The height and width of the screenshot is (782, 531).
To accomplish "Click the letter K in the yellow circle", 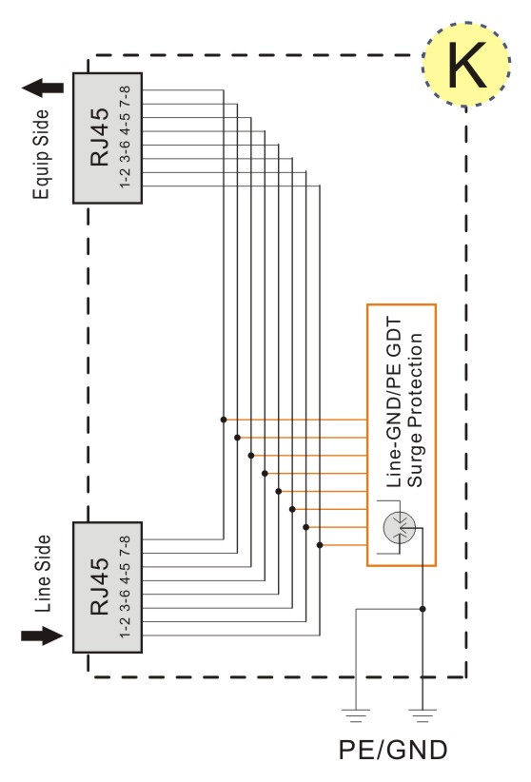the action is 466,65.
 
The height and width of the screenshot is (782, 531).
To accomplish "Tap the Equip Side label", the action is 42,155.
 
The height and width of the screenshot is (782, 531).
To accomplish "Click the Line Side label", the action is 43,574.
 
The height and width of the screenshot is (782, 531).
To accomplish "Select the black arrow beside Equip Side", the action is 43,88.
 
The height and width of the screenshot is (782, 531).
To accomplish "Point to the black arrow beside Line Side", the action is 43,635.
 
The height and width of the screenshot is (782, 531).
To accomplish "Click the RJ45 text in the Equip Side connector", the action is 99,137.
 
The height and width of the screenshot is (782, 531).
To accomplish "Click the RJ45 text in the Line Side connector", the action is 99,586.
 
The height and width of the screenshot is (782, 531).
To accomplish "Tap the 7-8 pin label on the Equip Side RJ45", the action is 125,96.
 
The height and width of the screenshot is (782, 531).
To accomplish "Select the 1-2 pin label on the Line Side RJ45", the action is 125,627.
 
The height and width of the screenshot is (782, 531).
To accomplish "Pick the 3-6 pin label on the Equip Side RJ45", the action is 125,150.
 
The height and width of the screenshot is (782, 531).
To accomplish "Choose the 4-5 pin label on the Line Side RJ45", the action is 125,572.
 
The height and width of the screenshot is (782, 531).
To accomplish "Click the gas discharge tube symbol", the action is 400,528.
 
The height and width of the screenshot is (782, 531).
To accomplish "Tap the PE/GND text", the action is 393,750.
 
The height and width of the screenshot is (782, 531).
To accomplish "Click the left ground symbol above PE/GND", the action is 355,715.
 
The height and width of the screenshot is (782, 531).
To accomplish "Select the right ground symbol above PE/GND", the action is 423,715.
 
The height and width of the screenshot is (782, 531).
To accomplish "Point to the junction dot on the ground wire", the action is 423,609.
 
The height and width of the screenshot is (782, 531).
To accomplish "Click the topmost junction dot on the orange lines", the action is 224,420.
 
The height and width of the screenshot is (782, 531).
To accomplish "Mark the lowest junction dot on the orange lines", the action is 320,545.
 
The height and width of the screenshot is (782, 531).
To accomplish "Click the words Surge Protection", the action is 415,410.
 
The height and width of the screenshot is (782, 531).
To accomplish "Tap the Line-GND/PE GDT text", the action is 394,402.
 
